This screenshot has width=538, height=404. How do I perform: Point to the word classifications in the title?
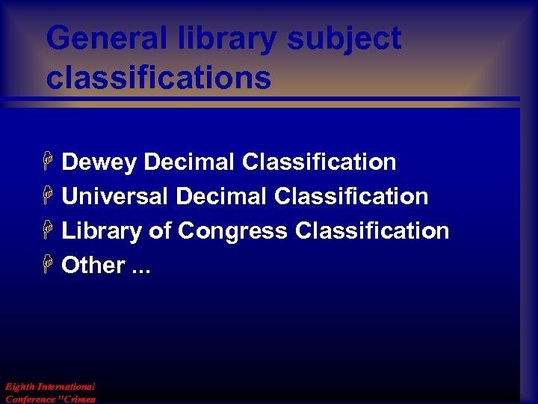(x=158, y=77)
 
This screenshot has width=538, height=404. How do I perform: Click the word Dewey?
(x=99, y=162)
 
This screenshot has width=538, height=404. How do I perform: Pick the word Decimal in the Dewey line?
(x=189, y=162)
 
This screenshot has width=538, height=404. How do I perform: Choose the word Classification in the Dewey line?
(x=319, y=162)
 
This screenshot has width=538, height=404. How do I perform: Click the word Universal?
(x=115, y=196)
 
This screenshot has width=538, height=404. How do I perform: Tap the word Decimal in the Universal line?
(x=221, y=196)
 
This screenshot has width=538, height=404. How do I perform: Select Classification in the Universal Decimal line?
(x=351, y=196)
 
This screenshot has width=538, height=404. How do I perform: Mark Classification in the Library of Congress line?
(x=372, y=230)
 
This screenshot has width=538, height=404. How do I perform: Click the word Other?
(x=93, y=265)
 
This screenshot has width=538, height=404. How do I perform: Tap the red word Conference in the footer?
(x=30, y=399)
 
